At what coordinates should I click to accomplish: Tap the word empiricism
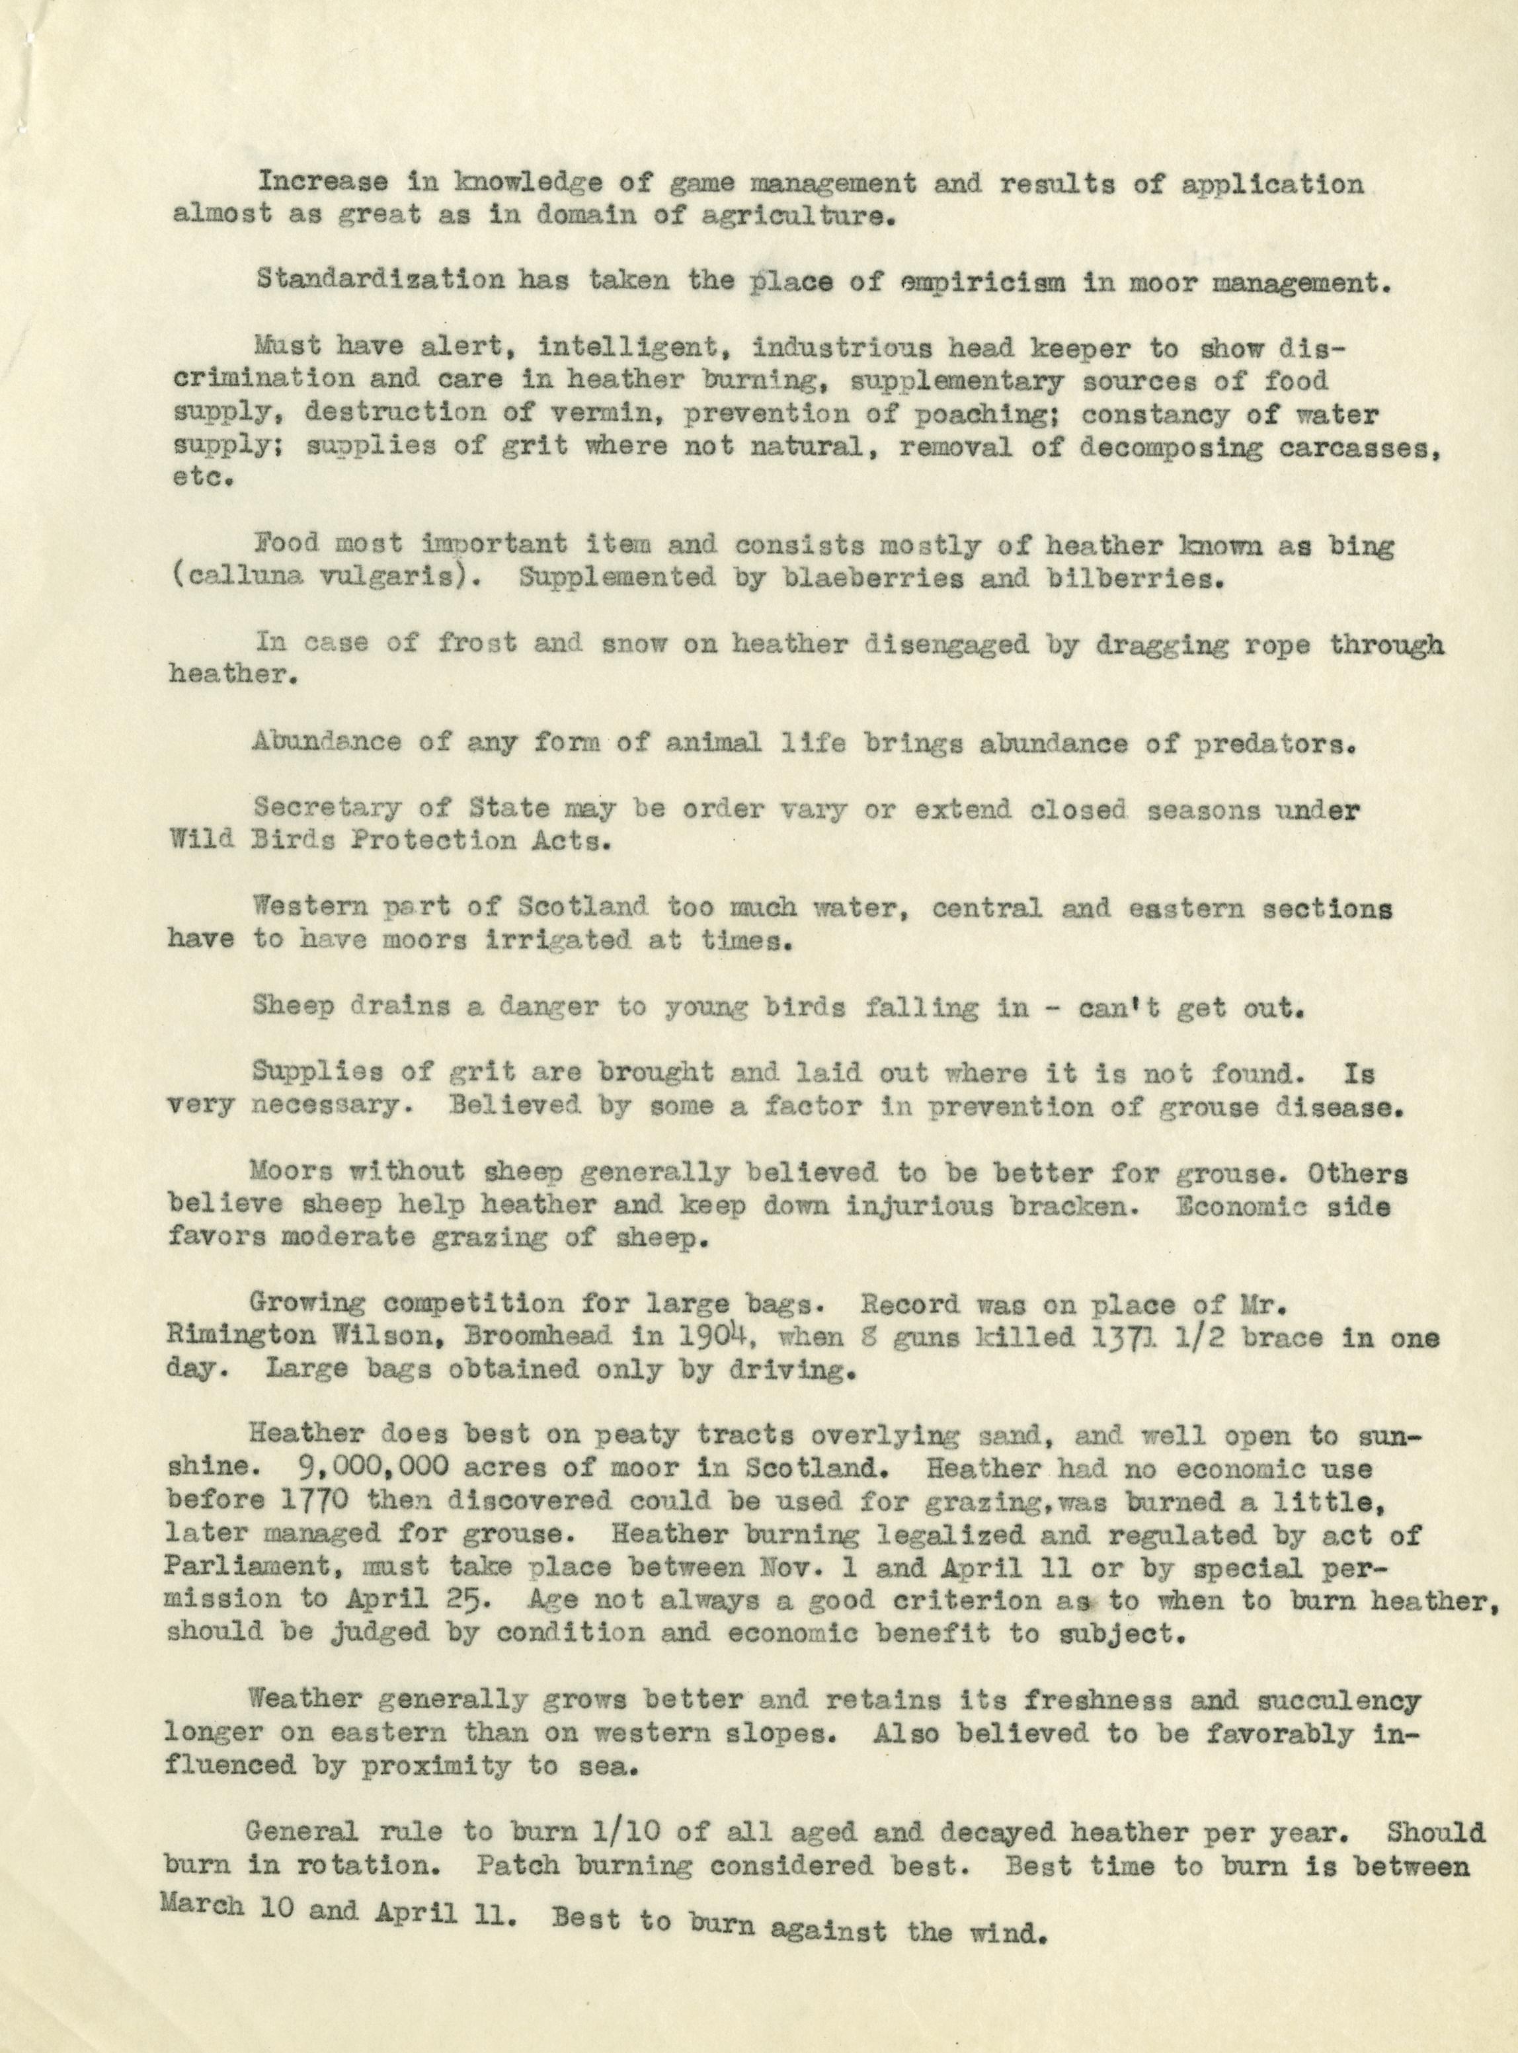985,282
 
